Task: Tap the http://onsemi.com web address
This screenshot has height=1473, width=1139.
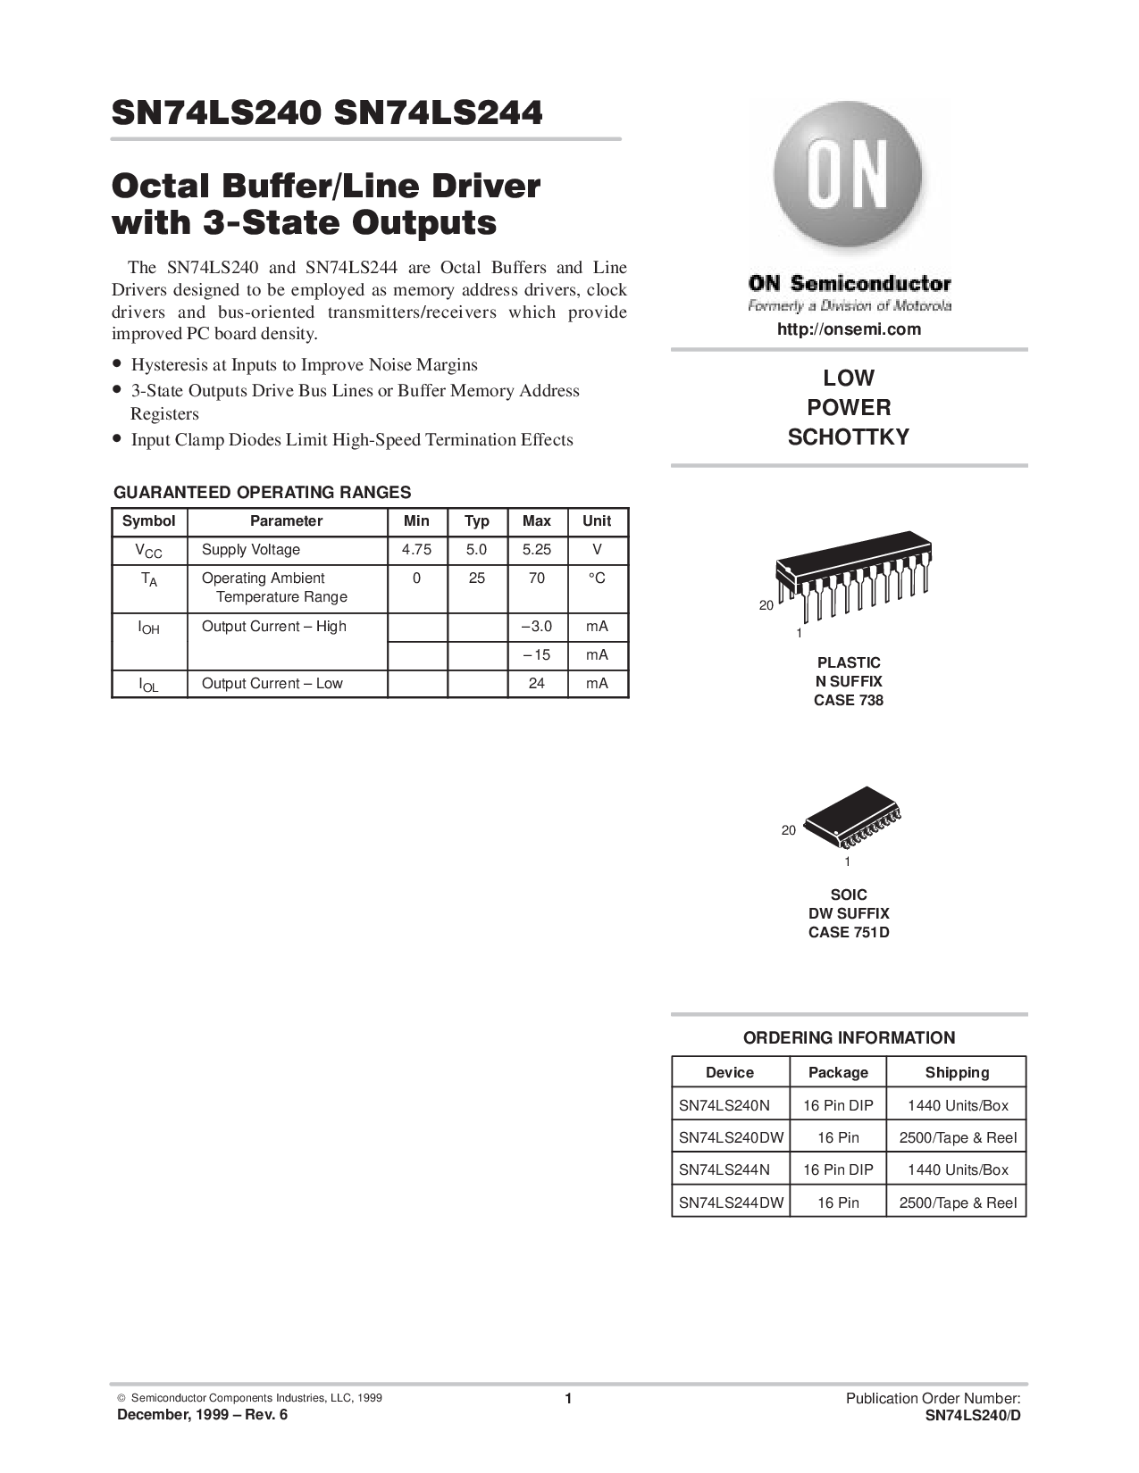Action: point(849,329)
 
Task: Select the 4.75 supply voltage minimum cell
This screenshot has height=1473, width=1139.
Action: point(416,550)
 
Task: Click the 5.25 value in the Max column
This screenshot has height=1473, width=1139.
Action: point(537,550)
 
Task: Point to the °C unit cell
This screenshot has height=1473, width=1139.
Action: point(597,578)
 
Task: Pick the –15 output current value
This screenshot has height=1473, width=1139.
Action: point(537,655)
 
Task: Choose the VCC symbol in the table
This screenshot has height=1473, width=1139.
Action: point(148,551)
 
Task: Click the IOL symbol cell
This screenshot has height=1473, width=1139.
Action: point(148,686)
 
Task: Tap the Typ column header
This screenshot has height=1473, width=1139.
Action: point(477,520)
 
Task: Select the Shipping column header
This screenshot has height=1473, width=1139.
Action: point(957,1072)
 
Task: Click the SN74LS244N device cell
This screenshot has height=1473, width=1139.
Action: point(724,1169)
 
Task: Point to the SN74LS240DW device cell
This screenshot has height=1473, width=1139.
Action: point(732,1137)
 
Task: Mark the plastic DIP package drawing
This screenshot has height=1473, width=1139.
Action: point(853,576)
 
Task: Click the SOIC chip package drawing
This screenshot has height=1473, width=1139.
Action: point(852,818)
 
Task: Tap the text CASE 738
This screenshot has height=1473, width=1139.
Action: point(849,700)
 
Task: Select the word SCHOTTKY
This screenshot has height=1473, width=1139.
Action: point(849,437)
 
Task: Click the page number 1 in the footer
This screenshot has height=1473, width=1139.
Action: point(568,1398)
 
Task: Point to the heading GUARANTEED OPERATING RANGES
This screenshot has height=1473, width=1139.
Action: point(262,492)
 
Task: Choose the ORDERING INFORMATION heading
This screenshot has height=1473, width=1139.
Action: point(849,1038)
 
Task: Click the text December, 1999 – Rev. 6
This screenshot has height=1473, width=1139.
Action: point(202,1415)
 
